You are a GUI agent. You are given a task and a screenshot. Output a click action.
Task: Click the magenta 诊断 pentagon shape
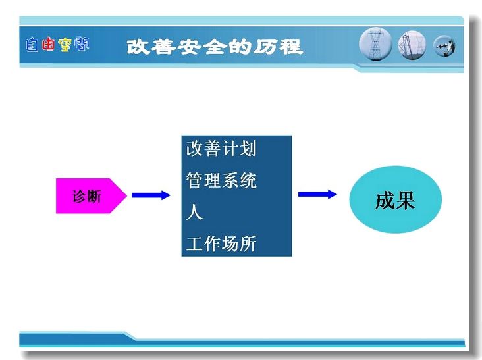point(91,195)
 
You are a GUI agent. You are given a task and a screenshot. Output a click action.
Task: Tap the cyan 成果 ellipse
point(395,199)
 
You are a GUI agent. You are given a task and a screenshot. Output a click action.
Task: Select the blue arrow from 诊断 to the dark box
point(151,195)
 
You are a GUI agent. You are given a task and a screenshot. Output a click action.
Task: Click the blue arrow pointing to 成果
point(317,194)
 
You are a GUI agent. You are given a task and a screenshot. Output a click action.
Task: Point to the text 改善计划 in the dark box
point(221,149)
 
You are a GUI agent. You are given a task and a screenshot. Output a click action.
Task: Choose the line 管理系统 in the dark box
point(221,180)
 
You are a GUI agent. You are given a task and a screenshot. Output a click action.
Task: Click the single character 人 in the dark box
point(194,213)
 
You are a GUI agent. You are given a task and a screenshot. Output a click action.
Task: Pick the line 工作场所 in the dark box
point(221,244)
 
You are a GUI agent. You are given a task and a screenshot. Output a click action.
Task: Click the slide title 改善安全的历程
point(215,47)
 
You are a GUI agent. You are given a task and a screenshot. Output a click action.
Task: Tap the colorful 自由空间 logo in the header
point(57,44)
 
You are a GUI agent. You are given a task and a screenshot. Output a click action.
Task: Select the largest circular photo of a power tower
point(375,44)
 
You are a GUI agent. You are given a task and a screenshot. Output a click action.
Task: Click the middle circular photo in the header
point(412,45)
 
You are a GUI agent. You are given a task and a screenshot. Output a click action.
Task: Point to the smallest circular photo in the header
point(444,46)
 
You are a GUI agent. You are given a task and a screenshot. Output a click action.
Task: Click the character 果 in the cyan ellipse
point(406,201)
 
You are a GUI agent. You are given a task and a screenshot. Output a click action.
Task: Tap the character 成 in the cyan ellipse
point(385,201)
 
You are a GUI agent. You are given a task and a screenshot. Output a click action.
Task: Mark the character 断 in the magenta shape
point(94,196)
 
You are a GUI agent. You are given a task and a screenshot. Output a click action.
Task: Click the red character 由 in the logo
point(49,44)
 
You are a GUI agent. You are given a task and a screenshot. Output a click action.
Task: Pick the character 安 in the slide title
point(189,47)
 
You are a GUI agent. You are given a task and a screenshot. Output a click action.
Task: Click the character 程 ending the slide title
point(290,47)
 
